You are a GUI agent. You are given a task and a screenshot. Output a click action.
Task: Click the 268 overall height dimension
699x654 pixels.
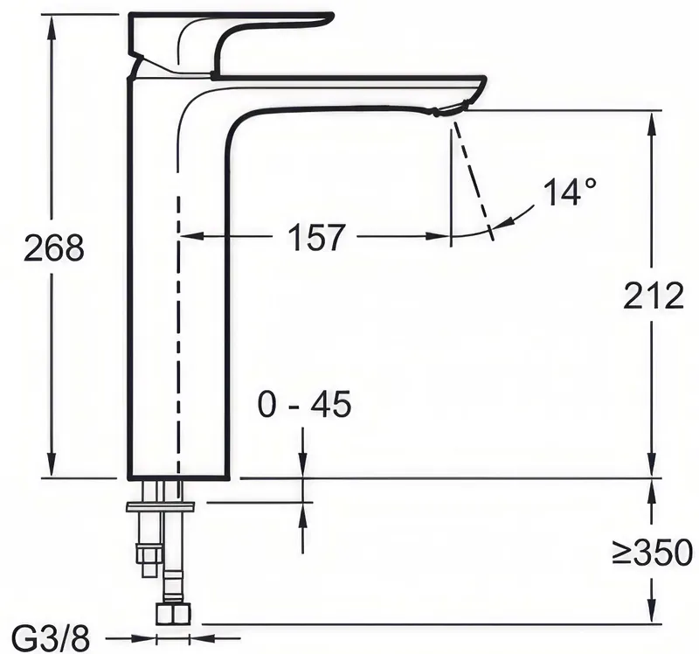[x=54, y=247]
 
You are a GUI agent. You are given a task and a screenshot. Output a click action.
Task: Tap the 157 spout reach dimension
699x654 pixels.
[x=316, y=236]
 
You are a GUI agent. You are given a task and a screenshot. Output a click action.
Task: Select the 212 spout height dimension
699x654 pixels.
[x=653, y=296]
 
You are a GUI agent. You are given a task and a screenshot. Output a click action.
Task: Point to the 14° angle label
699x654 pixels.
[x=570, y=191]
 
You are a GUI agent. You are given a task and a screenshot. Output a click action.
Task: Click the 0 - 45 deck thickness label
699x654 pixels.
[x=304, y=404]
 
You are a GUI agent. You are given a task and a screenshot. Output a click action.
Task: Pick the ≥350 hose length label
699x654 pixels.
[x=652, y=553]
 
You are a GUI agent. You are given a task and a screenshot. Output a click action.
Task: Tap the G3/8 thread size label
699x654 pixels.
[x=51, y=639]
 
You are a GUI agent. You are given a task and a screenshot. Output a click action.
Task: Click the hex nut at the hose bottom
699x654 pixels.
[x=173, y=614]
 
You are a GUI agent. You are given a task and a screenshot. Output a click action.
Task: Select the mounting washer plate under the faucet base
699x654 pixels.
[x=161, y=507]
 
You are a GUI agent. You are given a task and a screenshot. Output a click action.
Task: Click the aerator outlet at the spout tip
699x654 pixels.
[x=451, y=108]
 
